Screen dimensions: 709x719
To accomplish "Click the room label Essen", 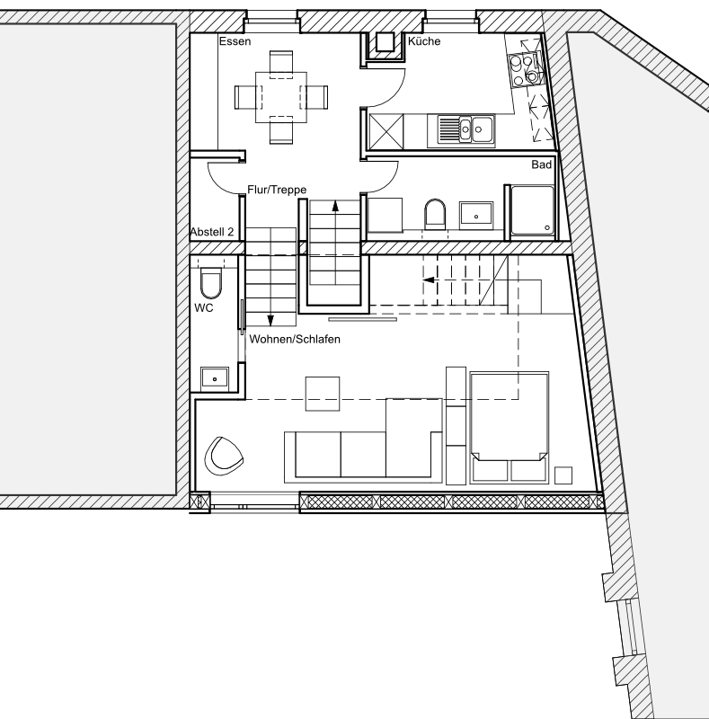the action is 235,41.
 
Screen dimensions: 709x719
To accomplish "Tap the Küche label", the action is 424,41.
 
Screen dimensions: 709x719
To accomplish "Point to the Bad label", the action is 541,164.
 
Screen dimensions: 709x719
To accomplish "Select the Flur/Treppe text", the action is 277,190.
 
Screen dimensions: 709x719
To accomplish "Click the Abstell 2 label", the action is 212,232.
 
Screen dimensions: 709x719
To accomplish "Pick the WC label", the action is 204,308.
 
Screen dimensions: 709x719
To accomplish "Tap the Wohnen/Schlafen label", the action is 295,340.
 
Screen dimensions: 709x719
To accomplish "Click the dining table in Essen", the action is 281,97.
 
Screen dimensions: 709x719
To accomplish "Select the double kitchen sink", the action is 465,130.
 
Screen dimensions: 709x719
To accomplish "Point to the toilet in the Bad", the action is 435,214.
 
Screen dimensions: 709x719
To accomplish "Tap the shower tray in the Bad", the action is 533,210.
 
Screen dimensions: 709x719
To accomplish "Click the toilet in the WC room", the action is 211,282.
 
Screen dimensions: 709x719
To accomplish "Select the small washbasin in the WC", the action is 215,378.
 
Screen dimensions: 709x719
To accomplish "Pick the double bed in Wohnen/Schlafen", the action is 510,428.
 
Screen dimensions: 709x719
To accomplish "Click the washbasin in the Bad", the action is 476,214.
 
